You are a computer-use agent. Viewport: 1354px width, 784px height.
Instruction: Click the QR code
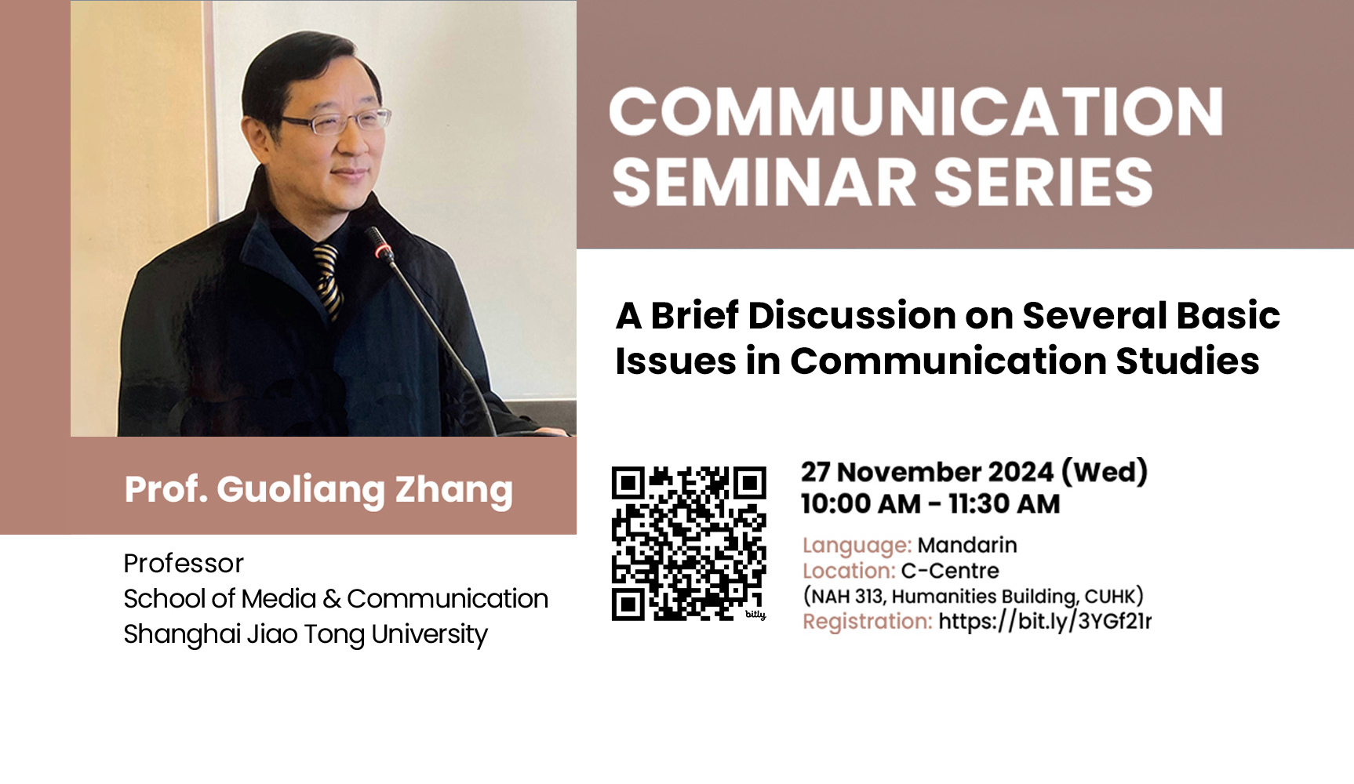click(688, 543)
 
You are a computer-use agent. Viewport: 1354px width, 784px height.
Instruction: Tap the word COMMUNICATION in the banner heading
click(916, 111)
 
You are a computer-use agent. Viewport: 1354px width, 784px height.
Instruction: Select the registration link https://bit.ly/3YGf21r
click(1045, 621)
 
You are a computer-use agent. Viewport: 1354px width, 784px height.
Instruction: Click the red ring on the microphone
click(383, 251)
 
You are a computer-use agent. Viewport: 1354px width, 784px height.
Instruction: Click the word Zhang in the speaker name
click(453, 491)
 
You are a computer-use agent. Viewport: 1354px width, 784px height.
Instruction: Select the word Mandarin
click(967, 545)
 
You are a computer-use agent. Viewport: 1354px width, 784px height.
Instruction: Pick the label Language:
click(857, 546)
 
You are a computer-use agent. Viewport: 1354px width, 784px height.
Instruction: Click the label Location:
click(849, 571)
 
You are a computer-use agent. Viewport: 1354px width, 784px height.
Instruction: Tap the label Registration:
click(868, 622)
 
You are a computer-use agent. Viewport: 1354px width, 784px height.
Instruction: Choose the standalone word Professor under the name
click(184, 564)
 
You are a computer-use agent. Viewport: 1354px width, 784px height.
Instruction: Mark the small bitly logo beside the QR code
click(755, 615)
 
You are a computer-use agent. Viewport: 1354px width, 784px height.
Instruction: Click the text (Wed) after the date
click(1105, 472)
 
